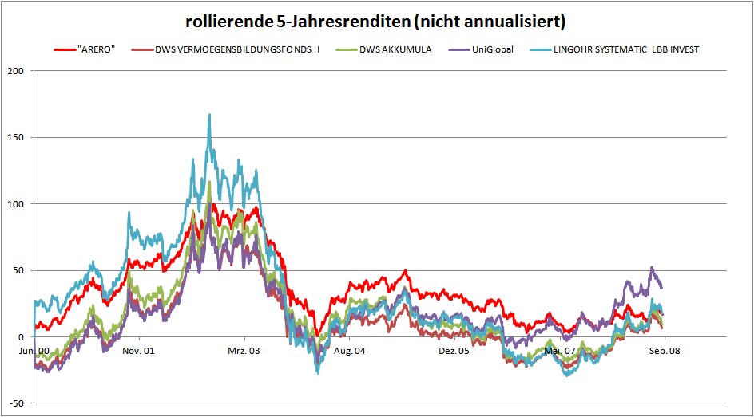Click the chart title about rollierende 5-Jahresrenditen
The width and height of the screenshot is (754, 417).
pyautogui.click(x=376, y=18)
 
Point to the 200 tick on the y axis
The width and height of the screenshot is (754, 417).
pyautogui.click(x=15, y=71)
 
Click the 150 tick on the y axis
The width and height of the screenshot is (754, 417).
pyautogui.click(x=15, y=137)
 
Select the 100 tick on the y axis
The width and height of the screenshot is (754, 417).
pyautogui.click(x=15, y=204)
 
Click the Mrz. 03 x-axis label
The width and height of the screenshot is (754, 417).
pyautogui.click(x=244, y=351)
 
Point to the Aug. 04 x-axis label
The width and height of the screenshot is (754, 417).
pyautogui.click(x=349, y=351)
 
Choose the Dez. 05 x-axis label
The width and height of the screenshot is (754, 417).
pyautogui.click(x=454, y=351)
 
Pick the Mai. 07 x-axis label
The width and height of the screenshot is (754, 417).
pyautogui.click(x=559, y=351)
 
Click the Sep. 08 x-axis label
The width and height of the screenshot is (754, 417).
pyautogui.click(x=663, y=351)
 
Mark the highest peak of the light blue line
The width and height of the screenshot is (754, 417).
pyautogui.click(x=209, y=115)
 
